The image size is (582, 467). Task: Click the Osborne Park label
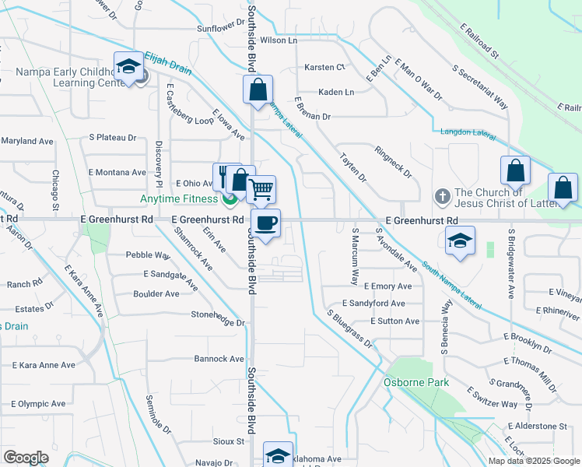[405, 382]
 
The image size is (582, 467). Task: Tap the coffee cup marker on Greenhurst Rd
[265, 224]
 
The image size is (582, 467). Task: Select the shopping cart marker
[261, 190]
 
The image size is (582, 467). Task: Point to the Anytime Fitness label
[178, 199]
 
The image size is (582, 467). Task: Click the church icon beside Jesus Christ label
[443, 196]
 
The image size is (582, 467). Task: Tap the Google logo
[26, 458]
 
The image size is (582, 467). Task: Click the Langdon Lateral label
[467, 133]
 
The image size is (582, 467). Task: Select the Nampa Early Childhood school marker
[128, 67]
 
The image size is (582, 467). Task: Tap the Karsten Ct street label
[324, 68]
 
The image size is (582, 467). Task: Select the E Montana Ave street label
[117, 172]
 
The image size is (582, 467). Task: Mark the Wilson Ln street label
[279, 40]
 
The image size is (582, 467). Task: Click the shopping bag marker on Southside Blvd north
[258, 89]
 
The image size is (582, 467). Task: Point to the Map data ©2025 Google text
[533, 460]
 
